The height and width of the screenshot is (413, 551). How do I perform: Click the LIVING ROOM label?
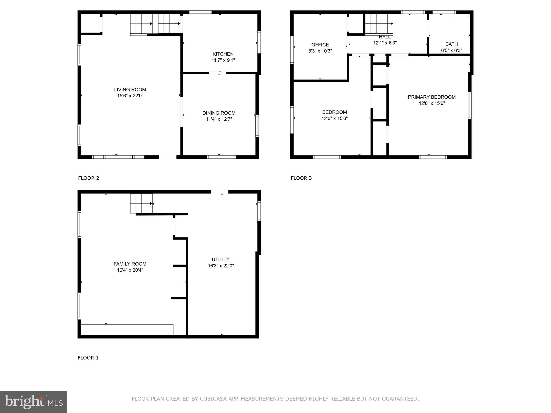[130, 90]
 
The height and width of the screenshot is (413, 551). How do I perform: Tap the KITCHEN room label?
[223, 54]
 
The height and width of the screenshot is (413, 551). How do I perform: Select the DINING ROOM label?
[219, 113]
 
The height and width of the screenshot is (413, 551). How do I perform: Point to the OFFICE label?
[320, 45]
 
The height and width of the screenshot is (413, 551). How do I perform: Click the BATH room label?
[451, 44]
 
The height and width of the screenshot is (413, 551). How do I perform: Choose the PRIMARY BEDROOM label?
[432, 97]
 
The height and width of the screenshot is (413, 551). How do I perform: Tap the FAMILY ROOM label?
[130, 264]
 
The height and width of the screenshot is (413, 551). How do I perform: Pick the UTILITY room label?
[221, 259]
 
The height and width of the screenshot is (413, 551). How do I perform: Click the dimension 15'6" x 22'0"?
[130, 96]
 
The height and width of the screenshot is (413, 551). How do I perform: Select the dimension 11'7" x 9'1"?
[223, 60]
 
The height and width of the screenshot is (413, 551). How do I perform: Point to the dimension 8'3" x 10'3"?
[320, 51]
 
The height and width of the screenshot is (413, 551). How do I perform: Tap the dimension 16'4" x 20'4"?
[130, 270]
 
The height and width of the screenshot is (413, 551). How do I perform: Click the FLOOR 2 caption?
[89, 178]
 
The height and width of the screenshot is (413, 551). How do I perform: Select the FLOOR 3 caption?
[301, 178]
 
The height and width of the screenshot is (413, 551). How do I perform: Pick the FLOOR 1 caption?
[88, 358]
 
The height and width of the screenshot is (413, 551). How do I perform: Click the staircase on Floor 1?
[142, 204]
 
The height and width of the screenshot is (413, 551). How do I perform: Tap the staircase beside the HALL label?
[379, 24]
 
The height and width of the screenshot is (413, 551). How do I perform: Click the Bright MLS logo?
[34, 402]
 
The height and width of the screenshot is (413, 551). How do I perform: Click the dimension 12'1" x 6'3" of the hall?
[385, 43]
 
